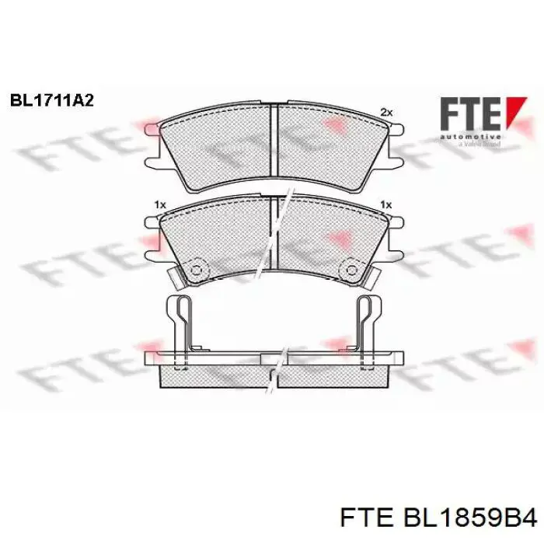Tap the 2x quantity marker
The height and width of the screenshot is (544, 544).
point(386,113)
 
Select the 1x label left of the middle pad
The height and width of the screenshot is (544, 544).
point(160,204)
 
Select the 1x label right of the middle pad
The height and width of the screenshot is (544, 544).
point(384,204)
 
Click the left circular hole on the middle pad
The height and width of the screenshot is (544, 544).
point(195,270)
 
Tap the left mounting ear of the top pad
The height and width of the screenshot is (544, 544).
point(154,146)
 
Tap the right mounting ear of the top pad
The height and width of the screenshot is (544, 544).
point(393,146)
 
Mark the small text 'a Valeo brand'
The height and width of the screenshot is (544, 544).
point(479,145)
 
